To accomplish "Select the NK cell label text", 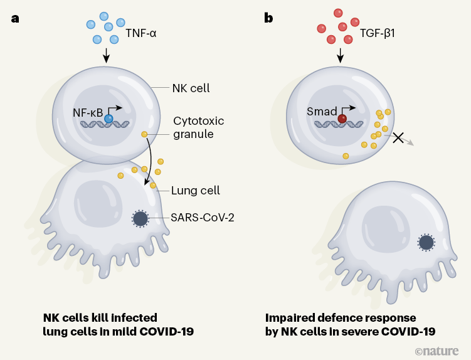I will coord(191,88).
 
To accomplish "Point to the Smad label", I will coord(320,112).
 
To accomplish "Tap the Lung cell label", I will coord(195,190).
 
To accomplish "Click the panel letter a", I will coord(15,18).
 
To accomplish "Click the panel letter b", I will coord(268,18).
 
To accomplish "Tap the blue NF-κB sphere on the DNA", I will coord(109,119).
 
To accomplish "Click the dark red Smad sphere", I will coord(342,118).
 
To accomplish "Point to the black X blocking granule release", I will coord(398,137).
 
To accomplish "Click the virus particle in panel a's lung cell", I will coord(140,219).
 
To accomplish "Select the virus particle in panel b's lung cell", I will coord(426,242).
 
